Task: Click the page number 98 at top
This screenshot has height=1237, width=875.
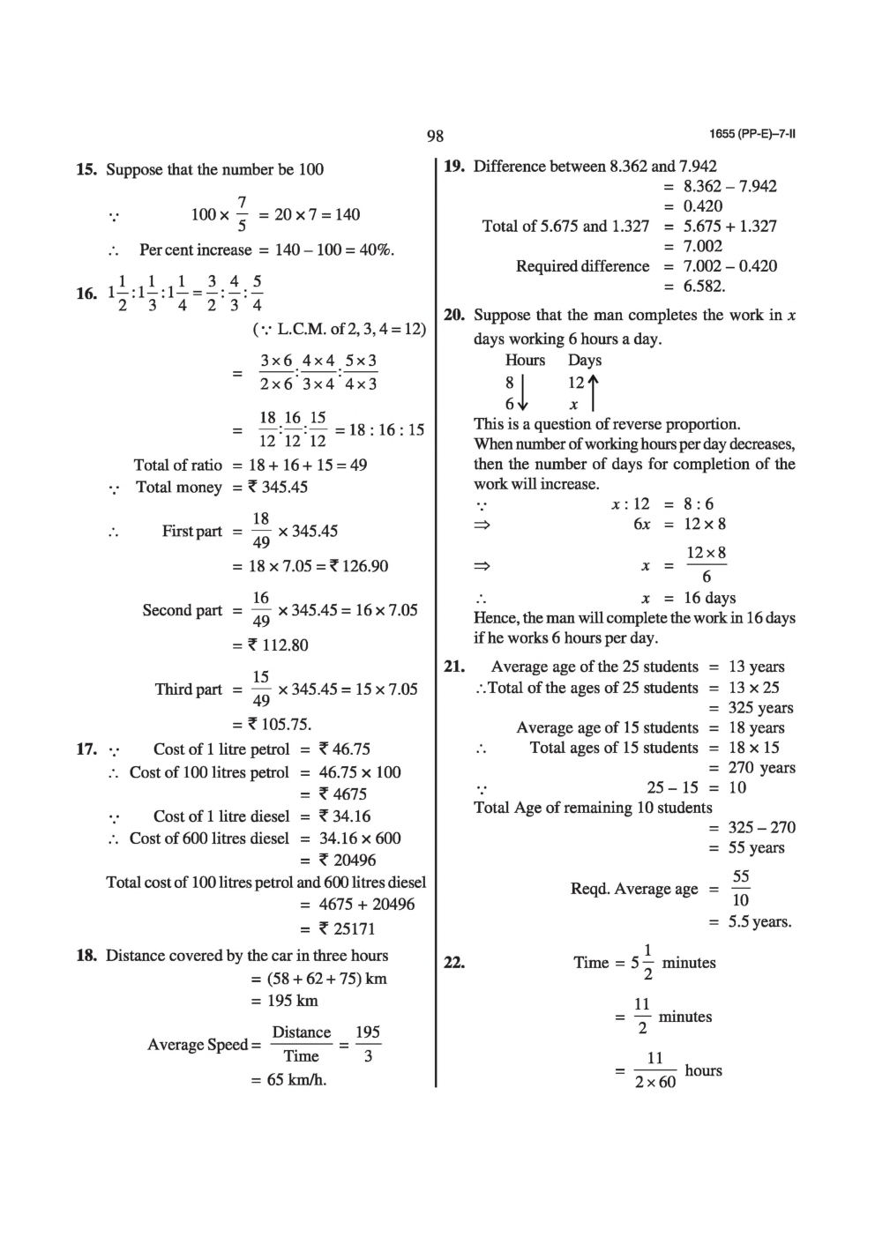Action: tap(435, 136)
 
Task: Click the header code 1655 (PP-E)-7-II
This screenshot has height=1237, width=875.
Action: tap(752, 135)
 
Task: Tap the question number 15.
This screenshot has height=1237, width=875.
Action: tap(86, 169)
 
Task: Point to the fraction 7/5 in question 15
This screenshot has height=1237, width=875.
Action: tap(243, 214)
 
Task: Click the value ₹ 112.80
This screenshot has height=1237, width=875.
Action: tap(278, 645)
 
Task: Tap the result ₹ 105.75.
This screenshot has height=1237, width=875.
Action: tap(280, 725)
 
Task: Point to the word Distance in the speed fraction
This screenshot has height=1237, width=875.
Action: tap(301, 1032)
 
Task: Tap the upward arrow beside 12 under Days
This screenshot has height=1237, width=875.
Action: tap(593, 392)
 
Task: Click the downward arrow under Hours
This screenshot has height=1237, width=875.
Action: tap(523, 392)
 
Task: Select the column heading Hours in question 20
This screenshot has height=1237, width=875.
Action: tap(525, 360)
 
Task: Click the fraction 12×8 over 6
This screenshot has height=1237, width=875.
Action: tap(706, 564)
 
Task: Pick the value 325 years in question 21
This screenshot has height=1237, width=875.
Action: tap(760, 707)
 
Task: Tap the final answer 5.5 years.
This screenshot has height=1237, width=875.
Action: tap(759, 921)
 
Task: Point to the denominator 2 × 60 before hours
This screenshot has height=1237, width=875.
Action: tap(654, 1082)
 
